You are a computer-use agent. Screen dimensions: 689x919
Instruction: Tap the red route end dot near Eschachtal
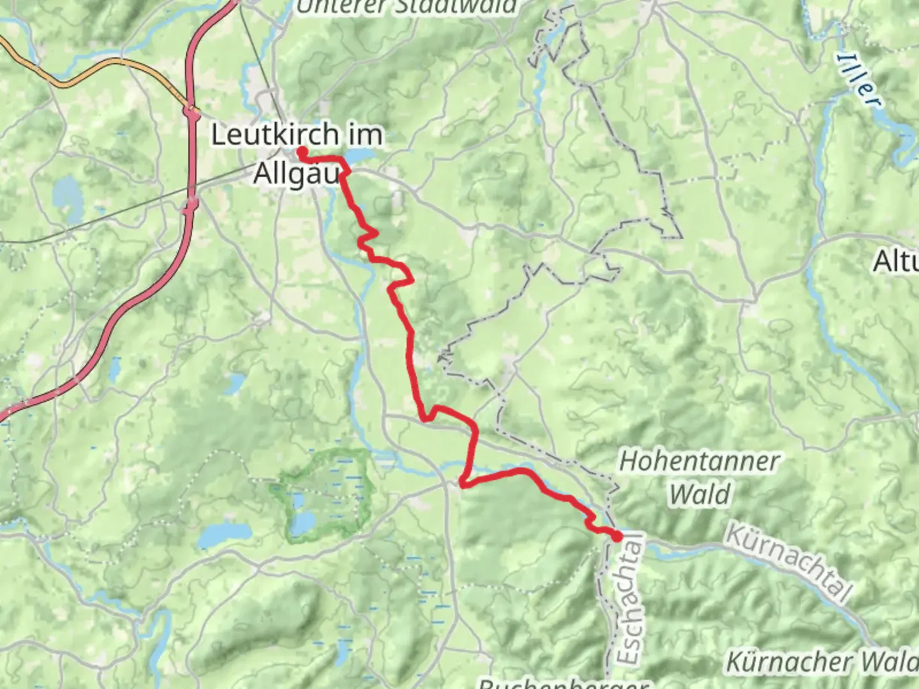[x=617, y=537]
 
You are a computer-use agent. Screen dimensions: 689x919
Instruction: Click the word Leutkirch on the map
[x=274, y=135]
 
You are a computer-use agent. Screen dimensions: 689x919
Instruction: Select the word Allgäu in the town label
[x=295, y=173]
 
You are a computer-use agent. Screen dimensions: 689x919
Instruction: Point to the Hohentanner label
[x=699, y=461]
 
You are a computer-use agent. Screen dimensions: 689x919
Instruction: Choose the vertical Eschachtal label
[x=631, y=600]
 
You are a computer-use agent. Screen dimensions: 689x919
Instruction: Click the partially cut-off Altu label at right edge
[x=895, y=261]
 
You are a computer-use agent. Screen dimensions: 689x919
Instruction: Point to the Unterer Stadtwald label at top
[x=407, y=6]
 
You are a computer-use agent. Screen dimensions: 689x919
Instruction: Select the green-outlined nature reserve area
[x=325, y=494]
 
